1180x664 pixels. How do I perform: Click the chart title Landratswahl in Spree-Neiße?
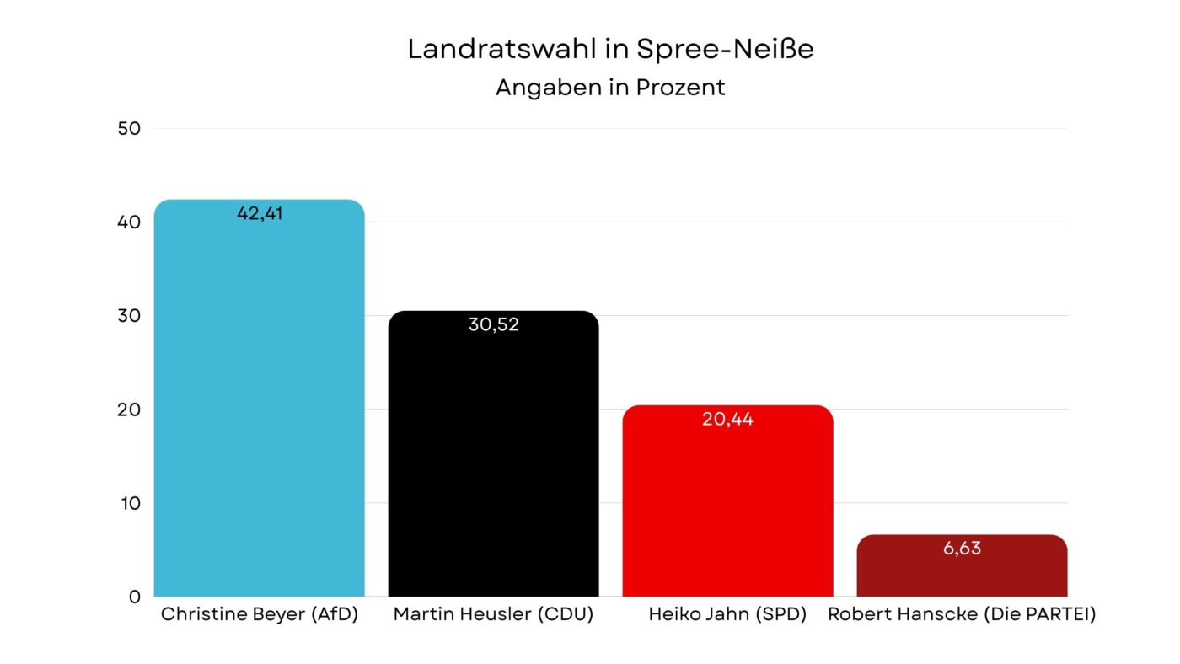click(610, 49)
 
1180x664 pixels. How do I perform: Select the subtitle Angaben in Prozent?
click(610, 88)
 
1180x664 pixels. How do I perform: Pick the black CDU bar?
click(493, 463)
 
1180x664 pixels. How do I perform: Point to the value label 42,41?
click(260, 213)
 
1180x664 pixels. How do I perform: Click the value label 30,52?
click(493, 324)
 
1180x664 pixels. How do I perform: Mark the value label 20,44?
click(727, 419)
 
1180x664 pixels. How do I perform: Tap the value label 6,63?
click(962, 549)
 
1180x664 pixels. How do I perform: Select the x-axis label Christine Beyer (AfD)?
click(260, 615)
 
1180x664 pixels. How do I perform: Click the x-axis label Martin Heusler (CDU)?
click(493, 615)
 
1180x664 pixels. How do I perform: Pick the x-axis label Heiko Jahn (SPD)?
click(727, 615)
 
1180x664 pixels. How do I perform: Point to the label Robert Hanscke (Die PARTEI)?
click(962, 615)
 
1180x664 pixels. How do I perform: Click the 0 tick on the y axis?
click(135, 597)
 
